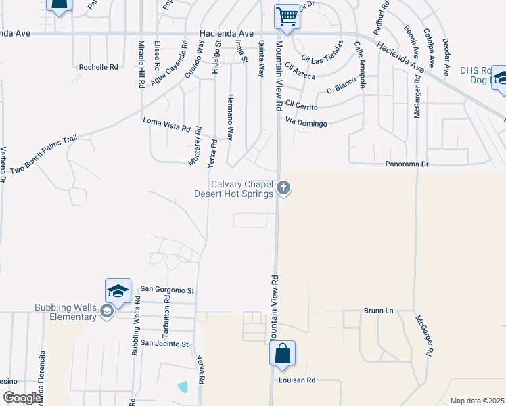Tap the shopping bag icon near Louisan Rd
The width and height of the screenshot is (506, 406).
282,353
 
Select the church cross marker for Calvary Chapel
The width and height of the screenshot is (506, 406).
284,187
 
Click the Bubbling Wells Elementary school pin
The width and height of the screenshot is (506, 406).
106,311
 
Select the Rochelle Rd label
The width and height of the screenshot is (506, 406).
98,67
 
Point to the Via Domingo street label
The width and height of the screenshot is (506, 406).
306,123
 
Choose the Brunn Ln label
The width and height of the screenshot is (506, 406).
378,311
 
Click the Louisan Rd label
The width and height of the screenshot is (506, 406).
297,380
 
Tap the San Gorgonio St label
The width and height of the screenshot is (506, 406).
167,290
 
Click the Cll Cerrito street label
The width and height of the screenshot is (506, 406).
301,104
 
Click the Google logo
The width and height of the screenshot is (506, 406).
22,399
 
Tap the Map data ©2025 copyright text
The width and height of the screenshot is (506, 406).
477,401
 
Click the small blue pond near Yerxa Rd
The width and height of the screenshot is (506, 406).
183,387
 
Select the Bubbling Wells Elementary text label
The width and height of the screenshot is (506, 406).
66,312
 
